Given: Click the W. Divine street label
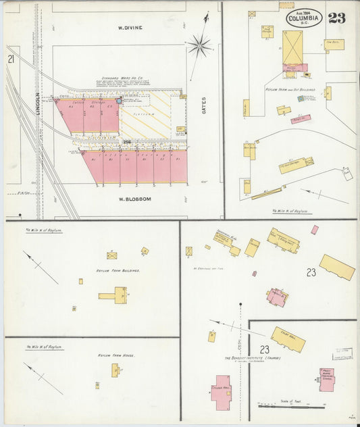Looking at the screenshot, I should [x=130, y=28].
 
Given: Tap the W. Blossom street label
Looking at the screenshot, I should [x=133, y=199].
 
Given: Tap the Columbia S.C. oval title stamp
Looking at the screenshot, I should [x=304, y=18].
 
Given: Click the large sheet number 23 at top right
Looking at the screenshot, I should [x=337, y=18].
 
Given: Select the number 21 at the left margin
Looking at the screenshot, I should [x=11, y=59].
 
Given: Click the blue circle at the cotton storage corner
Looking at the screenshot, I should [x=119, y=101].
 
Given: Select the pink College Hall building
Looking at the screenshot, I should [x=222, y=389].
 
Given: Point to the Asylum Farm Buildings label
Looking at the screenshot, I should [x=118, y=270].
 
